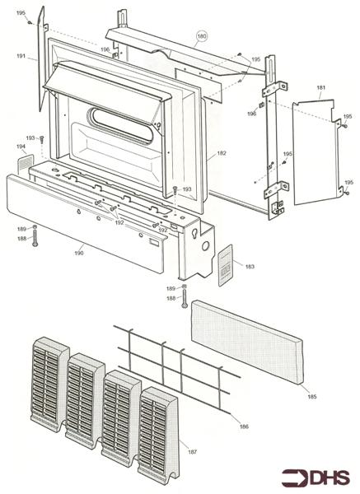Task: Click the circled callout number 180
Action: (x=202, y=36)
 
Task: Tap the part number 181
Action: (x=321, y=87)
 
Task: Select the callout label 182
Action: (x=222, y=153)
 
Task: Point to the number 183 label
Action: (x=250, y=267)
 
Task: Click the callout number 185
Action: (x=311, y=397)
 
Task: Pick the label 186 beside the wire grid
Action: (x=244, y=426)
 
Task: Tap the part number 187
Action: (x=192, y=452)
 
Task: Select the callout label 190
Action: (x=79, y=253)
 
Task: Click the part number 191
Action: (x=21, y=56)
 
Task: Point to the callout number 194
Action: (x=21, y=147)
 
